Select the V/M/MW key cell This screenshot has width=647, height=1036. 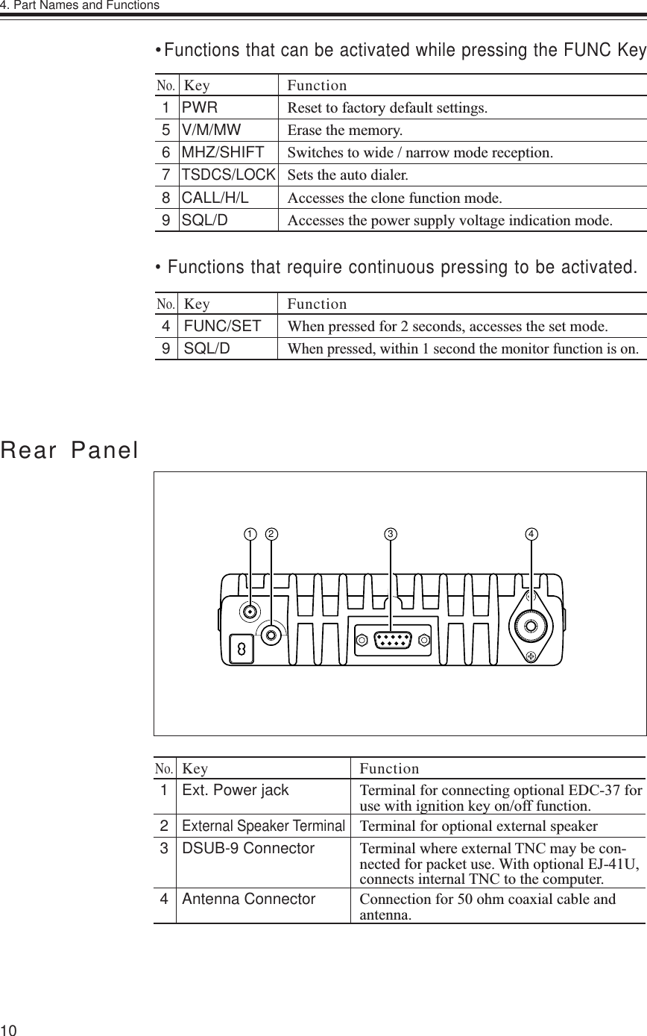pos(212,130)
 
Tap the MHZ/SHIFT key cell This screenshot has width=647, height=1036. pos(223,153)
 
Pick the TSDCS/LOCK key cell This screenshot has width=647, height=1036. pos(229,176)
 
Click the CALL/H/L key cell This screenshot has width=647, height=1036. pos(215,198)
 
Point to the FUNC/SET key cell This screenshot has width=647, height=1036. pos(222,326)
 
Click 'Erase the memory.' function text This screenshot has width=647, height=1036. pos(344,131)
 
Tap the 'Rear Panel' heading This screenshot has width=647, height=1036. pos(69,450)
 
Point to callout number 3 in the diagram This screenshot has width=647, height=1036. pos(390,534)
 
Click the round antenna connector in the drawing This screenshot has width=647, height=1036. pos(531,627)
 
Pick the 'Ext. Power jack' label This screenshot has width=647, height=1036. pos(236,791)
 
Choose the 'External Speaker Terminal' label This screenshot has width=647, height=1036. pos(263,826)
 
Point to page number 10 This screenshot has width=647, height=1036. pos(9,1029)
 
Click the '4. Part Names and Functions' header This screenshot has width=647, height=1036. pos(80,6)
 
